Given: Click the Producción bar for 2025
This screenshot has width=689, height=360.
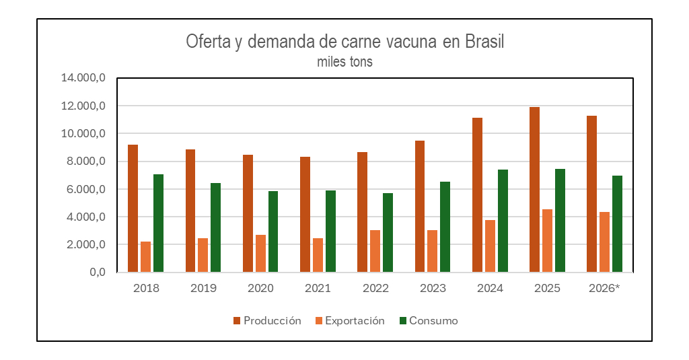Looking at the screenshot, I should (x=534, y=190).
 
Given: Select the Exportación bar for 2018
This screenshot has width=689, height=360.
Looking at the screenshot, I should (x=145, y=257).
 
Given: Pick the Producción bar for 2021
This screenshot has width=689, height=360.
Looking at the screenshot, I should (x=305, y=215).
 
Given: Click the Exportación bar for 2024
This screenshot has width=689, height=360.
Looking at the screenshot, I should (x=490, y=246).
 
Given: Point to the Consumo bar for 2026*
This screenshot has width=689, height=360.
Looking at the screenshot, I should (x=617, y=224).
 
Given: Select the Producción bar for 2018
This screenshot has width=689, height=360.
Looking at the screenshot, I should (x=133, y=209).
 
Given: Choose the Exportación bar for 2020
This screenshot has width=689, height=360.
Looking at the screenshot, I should (x=260, y=254).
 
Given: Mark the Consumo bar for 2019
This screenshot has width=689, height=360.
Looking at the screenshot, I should (x=215, y=227).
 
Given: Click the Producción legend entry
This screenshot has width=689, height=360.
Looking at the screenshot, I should (x=267, y=321).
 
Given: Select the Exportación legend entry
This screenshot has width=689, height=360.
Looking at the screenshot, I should (x=349, y=321).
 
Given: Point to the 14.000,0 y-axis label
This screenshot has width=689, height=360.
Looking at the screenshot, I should (x=83, y=78).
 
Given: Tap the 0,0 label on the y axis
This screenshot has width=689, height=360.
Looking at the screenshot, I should (x=98, y=272).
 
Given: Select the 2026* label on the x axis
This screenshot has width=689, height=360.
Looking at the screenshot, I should (x=603, y=289).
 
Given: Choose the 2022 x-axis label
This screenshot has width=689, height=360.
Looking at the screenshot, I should (x=375, y=289).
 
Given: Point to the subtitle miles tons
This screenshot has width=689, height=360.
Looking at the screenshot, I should (x=344, y=62).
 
